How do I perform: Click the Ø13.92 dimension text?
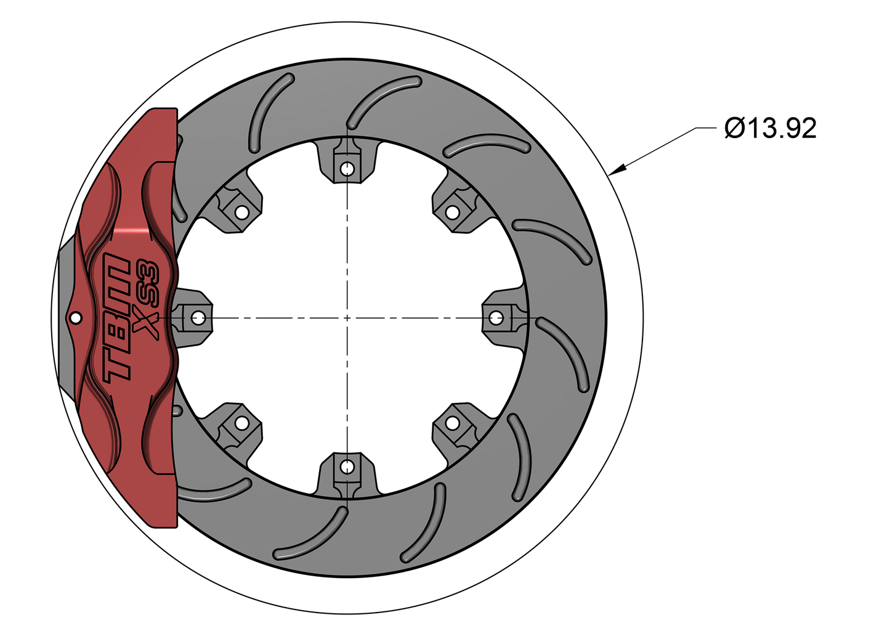(x=771, y=128)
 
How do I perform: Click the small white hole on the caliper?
(x=76, y=318)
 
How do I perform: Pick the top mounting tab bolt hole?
(x=347, y=168)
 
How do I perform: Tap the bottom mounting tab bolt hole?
(x=347, y=467)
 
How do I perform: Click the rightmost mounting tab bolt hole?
(x=496, y=318)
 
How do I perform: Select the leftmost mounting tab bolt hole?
(x=198, y=318)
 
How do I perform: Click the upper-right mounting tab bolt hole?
(x=453, y=213)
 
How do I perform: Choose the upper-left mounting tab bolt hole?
(x=242, y=213)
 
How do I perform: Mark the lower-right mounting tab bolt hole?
(x=453, y=423)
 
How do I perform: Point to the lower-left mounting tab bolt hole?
(x=242, y=423)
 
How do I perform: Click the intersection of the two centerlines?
(x=347, y=318)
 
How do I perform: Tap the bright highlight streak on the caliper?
(x=136, y=230)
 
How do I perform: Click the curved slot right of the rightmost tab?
(x=564, y=351)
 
